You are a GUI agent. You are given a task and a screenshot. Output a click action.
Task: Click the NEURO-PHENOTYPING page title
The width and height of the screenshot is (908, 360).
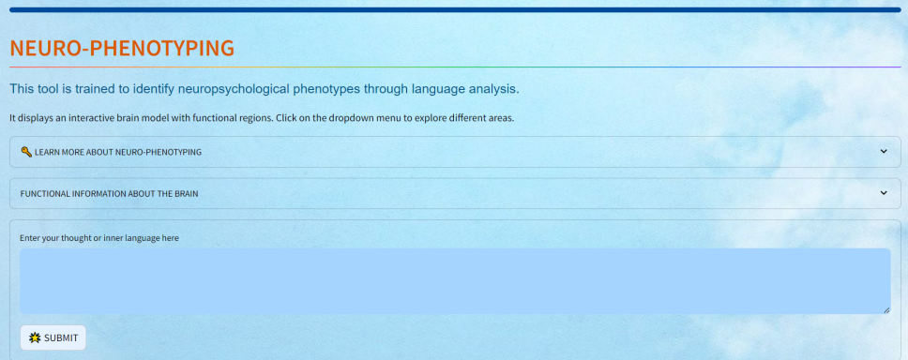pos(122,49)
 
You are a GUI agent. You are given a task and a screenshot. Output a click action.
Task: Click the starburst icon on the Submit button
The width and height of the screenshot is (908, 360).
pos(35,338)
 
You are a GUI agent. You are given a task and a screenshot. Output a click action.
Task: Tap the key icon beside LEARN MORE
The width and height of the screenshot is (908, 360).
pos(26,152)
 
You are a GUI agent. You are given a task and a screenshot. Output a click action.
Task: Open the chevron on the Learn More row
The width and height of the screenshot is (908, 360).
pos(884,152)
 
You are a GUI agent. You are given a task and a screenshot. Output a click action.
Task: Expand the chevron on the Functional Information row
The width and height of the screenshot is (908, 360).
pos(884,193)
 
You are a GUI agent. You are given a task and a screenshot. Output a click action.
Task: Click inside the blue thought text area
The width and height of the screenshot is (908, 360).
pos(455,281)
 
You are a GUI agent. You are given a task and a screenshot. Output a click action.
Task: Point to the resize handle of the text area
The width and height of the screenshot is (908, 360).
pos(886,310)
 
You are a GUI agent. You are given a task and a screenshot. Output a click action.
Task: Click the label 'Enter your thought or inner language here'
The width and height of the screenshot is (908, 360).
pos(99,238)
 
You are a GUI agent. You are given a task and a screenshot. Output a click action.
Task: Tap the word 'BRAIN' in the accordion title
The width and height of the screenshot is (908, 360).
pos(186,194)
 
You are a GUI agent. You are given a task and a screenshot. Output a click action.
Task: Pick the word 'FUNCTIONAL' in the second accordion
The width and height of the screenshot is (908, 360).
pos(42,194)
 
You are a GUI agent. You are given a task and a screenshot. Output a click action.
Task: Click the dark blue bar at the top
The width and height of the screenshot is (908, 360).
pos(455,9)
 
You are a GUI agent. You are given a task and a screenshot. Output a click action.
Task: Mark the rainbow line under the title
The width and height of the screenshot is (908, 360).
pos(455,67)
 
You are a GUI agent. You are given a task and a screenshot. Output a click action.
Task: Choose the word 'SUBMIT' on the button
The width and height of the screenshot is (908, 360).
pos(61,338)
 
